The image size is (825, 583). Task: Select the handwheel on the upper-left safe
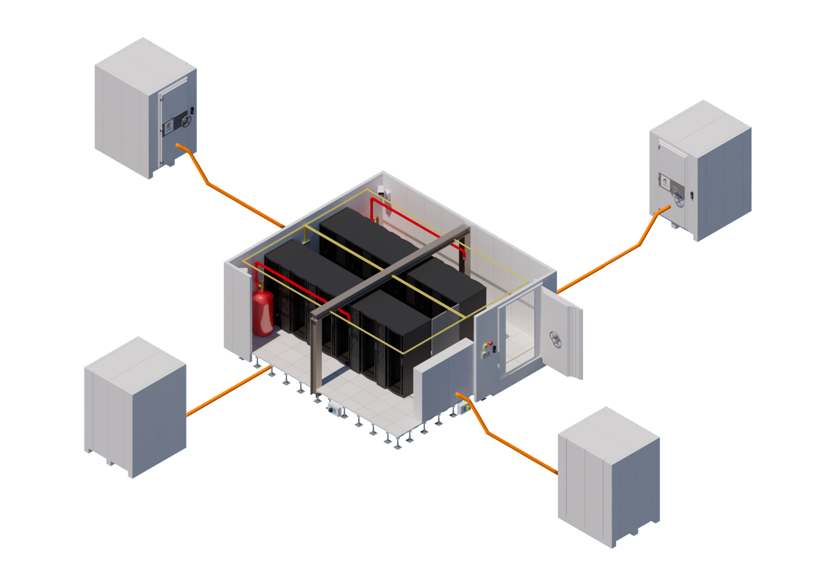point(186,122)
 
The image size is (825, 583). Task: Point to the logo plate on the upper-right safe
point(664,182)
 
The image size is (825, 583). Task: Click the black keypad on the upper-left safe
point(192,111)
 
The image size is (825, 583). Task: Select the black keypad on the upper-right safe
point(691,195)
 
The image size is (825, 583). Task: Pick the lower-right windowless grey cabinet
point(608,477)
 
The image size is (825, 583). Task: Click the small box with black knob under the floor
point(334,409)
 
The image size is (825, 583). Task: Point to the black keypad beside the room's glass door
point(494,348)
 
